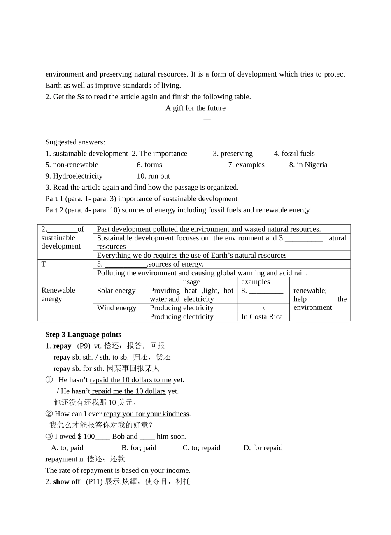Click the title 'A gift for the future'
point(195,108)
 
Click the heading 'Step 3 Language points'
point(83,335)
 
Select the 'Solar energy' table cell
point(116,291)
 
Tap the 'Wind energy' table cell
point(116,308)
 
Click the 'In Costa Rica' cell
point(262,316)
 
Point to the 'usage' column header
point(191,282)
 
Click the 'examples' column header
point(256,282)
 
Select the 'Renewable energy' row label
point(58,294)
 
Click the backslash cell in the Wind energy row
point(263,308)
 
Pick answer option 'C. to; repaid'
point(201,448)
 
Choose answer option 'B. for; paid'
point(139,448)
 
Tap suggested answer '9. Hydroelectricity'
point(74,176)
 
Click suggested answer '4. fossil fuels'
point(294,154)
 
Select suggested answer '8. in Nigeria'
point(308,165)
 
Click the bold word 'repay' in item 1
point(62,346)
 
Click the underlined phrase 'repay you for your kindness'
point(146,414)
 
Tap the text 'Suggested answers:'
point(75,142)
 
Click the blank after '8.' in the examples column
point(266,291)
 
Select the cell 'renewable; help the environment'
point(320,299)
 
